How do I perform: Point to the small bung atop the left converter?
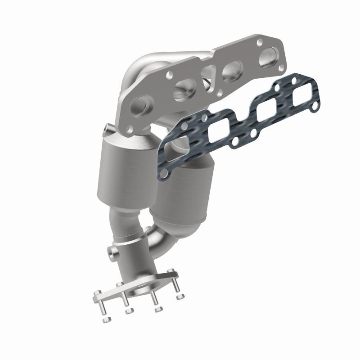(106, 130)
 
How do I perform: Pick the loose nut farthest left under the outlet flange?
(105, 319)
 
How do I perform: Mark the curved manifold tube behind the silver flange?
(137, 67)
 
